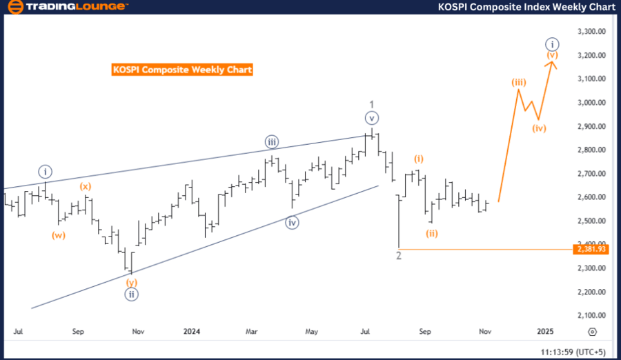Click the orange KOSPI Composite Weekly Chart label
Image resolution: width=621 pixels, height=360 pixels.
(x=182, y=70)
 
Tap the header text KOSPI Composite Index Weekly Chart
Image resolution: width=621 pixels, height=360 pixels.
(x=526, y=7)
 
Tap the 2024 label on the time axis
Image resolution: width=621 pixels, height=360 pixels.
(x=191, y=331)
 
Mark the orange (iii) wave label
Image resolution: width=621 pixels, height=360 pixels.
(x=519, y=83)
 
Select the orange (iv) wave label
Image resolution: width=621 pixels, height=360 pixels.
(x=539, y=128)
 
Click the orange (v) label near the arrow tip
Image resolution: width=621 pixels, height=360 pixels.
(x=552, y=54)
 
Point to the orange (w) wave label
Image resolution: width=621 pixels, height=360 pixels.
(x=59, y=235)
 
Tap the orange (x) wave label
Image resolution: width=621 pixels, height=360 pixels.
(x=85, y=186)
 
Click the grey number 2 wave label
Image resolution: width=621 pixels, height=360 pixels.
(x=399, y=255)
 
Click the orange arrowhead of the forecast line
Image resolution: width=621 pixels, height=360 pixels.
(x=551, y=63)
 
